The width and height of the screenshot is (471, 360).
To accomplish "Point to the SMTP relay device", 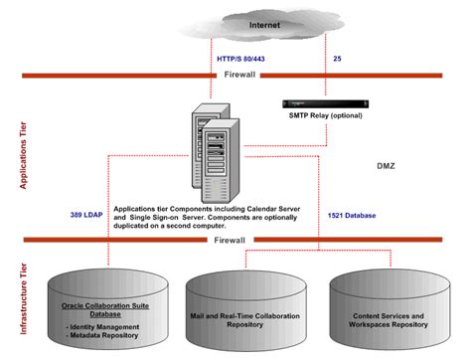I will click(x=318, y=102).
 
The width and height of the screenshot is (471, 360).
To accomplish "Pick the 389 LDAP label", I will click(x=88, y=215).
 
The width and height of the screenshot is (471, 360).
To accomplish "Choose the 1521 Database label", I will click(x=352, y=215).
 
